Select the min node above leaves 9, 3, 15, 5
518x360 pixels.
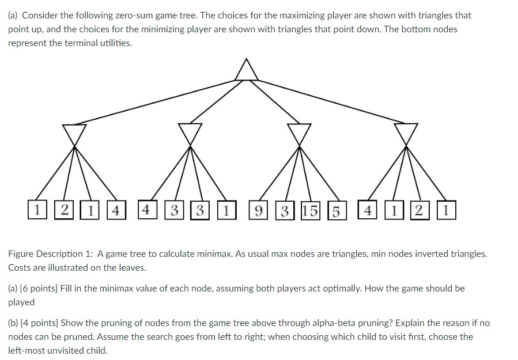(298, 132)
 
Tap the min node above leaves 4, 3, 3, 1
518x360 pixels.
(190, 132)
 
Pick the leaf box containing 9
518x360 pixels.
(259, 210)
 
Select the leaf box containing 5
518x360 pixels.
(335, 210)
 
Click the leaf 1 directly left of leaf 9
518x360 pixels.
(227, 210)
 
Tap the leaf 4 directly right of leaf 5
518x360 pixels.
(366, 210)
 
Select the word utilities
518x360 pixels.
(115, 43)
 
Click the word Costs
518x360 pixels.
(20, 267)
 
